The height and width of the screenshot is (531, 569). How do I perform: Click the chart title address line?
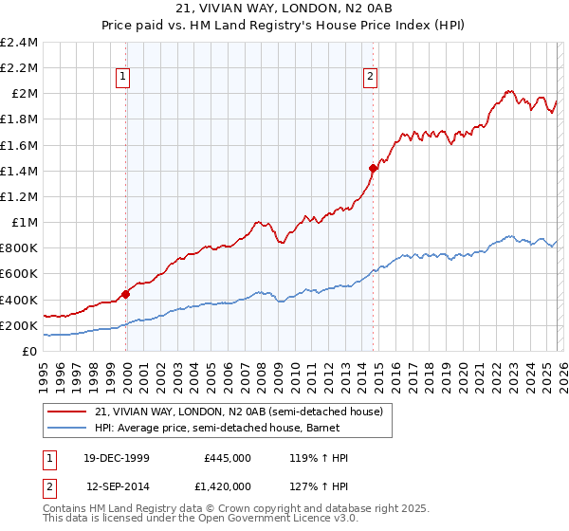(284, 9)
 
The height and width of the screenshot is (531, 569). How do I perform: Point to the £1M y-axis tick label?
(24, 223)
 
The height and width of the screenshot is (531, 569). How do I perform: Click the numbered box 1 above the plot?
(125, 78)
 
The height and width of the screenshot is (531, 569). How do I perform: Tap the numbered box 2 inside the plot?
(370, 78)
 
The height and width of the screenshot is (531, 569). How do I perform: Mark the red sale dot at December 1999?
(126, 294)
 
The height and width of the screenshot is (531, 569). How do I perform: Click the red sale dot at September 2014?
(373, 169)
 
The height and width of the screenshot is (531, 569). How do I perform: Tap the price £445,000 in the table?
(228, 458)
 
